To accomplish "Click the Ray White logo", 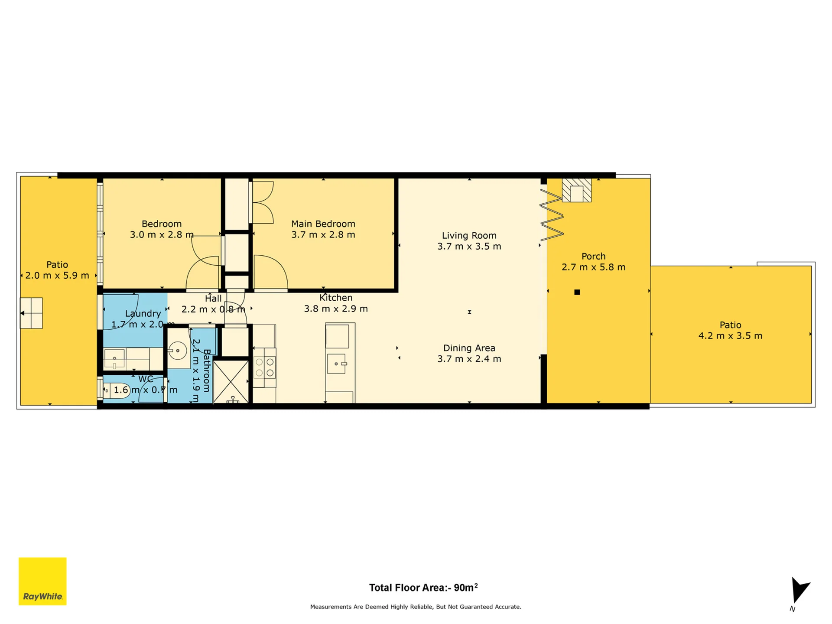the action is [42, 581].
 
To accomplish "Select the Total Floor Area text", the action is [423, 588].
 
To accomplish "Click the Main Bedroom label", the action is [323, 224].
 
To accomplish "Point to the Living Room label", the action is [469, 236].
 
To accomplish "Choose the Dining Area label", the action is [469, 348].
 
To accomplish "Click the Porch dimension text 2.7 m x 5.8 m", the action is [593, 267].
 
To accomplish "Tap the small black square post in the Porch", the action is [577, 292].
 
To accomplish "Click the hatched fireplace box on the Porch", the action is [577, 190].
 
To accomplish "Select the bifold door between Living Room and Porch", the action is [552, 215].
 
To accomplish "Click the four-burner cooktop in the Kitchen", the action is [264, 367].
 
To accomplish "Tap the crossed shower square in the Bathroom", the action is [231, 382].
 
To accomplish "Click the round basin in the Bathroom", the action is [177, 351].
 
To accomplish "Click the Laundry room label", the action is [143, 313].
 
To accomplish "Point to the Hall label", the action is [213, 299].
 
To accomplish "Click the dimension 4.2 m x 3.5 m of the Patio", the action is [730, 336].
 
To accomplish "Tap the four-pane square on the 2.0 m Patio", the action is [31, 313].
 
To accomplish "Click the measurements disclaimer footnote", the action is [416, 607].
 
